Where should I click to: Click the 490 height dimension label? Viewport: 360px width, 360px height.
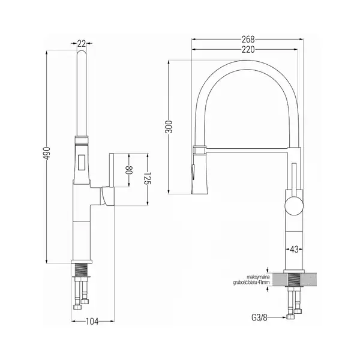click(x=47, y=153)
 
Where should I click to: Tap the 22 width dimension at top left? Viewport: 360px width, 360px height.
click(x=82, y=43)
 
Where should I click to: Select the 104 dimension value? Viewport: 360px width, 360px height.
click(x=92, y=322)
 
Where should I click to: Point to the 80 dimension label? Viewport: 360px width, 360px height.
click(x=129, y=170)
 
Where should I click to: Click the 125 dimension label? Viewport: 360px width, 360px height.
click(x=147, y=178)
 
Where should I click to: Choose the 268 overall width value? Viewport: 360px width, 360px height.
click(x=248, y=40)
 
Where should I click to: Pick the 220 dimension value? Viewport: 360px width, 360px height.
click(x=248, y=49)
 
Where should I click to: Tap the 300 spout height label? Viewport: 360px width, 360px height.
click(x=169, y=127)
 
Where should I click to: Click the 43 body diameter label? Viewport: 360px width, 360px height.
click(x=294, y=249)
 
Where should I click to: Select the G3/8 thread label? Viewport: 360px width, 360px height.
click(x=260, y=317)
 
